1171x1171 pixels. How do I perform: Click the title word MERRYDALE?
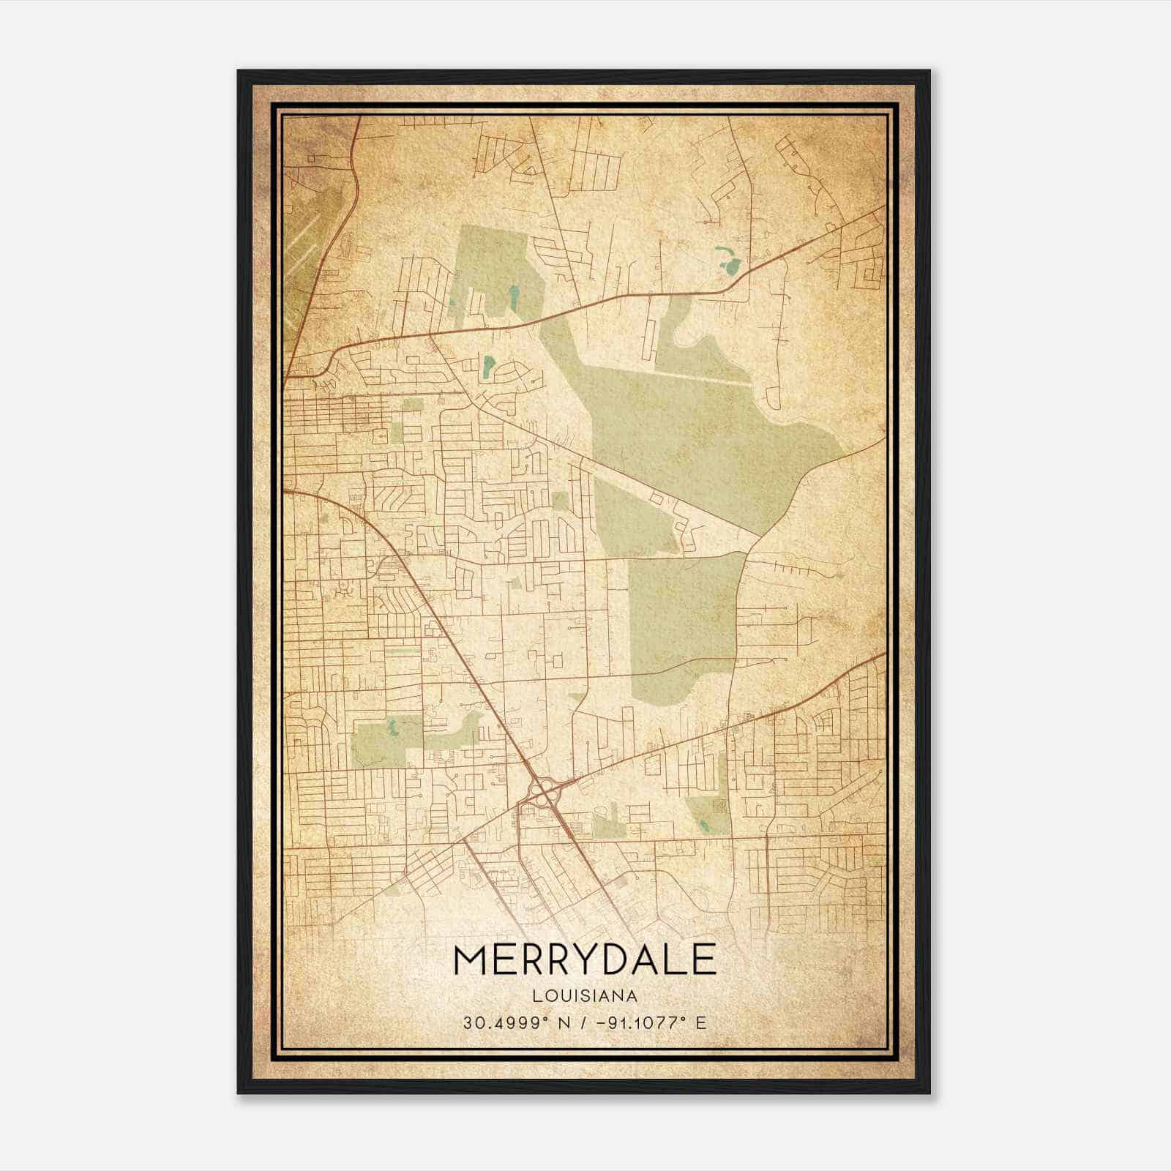pyautogui.click(x=584, y=959)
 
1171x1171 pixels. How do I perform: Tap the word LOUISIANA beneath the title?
pyautogui.click(x=585, y=996)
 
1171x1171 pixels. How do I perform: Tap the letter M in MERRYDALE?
pyautogui.click(x=471, y=959)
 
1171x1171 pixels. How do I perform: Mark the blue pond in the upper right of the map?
pyautogui.click(x=729, y=261)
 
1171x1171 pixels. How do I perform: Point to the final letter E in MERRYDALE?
pyautogui.click(x=701, y=959)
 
